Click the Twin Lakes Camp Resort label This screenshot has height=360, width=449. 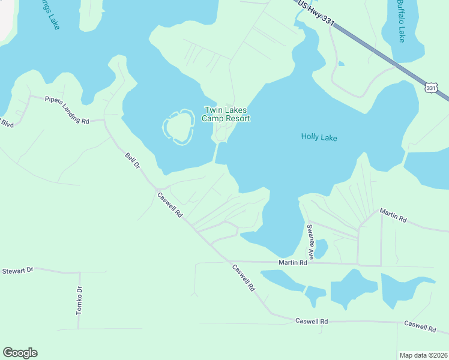(227, 114)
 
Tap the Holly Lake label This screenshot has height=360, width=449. (319, 138)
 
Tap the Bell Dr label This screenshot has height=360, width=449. (132, 160)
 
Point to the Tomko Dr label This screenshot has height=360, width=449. (79, 301)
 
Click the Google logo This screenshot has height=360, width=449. (20, 353)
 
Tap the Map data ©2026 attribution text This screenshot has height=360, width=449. (423, 355)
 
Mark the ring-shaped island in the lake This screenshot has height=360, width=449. (177, 128)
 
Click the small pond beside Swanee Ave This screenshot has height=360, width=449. (321, 248)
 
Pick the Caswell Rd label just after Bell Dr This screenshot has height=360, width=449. (169, 205)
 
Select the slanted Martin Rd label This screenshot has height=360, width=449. (393, 216)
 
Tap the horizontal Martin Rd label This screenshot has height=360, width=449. (293, 263)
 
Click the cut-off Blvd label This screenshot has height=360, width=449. (7, 123)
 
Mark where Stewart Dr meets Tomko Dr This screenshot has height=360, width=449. (79, 273)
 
